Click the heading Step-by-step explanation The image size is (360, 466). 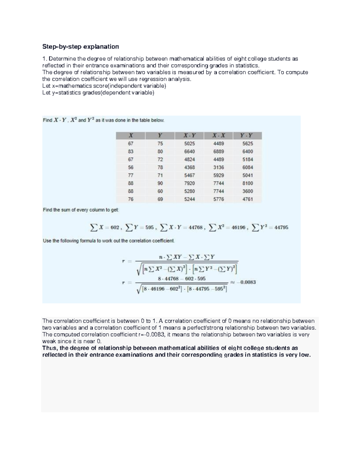(80, 47)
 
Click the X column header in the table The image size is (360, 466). (130, 136)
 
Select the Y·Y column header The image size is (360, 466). (247, 136)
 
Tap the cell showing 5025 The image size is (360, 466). (189, 144)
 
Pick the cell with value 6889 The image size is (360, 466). (218, 152)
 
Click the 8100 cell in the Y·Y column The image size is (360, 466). (247, 183)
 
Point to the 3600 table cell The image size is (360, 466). (247, 191)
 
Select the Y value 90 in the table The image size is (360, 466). (160, 183)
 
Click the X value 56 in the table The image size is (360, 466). (130, 167)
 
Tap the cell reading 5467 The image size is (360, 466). (189, 175)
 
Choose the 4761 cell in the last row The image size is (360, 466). (247, 199)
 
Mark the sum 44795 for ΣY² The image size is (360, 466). (281, 228)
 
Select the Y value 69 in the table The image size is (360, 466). (160, 199)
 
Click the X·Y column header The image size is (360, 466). (189, 136)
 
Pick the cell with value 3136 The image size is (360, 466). (218, 167)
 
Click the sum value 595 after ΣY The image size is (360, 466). (149, 228)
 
